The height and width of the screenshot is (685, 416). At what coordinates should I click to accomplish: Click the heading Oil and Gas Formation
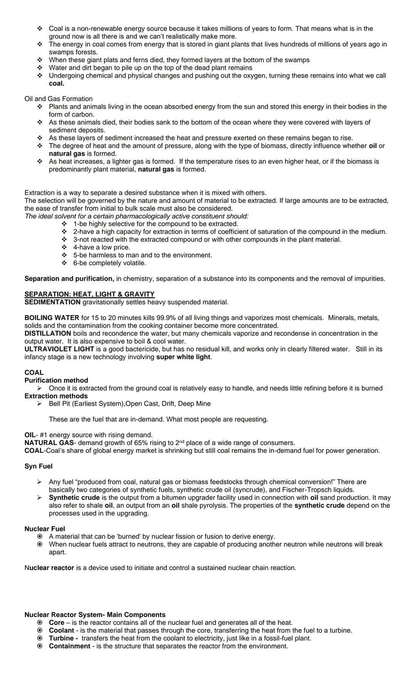pos(59,99)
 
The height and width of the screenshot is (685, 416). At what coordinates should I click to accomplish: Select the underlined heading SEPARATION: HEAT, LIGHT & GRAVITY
pos(89,294)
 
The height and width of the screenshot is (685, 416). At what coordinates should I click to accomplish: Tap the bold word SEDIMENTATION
pos(52,302)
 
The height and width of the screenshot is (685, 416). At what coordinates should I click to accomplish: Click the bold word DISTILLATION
pos(48,333)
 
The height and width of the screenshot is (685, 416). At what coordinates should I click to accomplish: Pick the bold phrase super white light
pos(183,357)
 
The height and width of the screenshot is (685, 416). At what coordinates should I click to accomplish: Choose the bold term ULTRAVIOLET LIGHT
pos(59,349)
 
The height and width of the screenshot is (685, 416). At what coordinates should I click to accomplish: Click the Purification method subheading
pos(56,380)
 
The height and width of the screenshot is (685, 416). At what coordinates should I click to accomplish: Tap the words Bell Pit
pos(59,404)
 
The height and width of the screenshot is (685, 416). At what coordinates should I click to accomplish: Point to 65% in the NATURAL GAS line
pos(141,443)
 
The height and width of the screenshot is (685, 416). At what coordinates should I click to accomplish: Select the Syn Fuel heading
pos(39,466)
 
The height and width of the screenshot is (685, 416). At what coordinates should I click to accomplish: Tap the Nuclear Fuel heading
pos(45,529)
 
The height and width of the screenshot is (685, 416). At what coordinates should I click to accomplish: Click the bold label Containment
pos(69,646)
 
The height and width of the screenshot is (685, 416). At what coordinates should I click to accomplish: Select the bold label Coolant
pos(61,630)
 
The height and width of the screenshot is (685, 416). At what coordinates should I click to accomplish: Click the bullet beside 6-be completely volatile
pos(64,263)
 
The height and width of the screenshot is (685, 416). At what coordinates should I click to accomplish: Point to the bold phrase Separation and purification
pos(69,279)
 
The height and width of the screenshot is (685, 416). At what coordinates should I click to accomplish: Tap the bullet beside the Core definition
pos(39,623)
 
